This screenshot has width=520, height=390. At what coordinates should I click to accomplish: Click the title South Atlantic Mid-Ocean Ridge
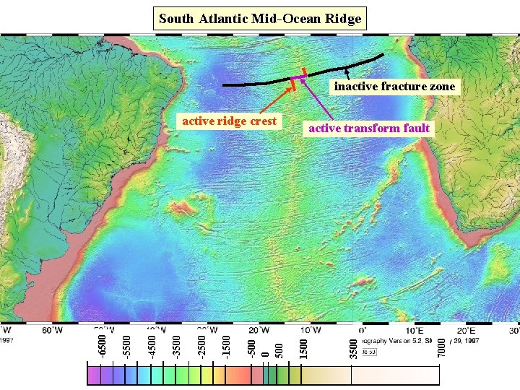coord(260,19)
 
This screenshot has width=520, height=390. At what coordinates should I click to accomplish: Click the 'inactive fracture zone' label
coord(394,87)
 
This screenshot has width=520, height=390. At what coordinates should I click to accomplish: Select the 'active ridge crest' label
coord(229,121)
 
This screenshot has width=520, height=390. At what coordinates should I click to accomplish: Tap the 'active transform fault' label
coord(369,129)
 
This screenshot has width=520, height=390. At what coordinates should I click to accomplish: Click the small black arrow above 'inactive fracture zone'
coord(347,73)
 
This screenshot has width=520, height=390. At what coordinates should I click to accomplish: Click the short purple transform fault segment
coord(298,77)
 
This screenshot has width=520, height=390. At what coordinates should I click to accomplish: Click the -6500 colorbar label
coord(102,343)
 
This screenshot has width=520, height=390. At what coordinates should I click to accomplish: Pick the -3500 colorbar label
coord(176,343)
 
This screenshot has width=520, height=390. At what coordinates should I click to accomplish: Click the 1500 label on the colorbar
coord(304,343)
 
